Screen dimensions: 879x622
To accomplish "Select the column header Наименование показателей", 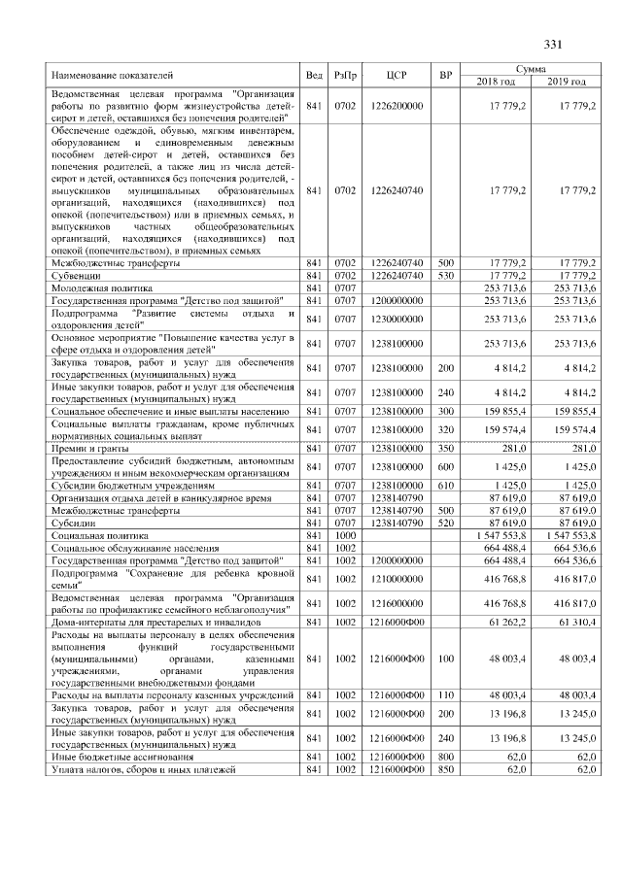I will click(x=112, y=75).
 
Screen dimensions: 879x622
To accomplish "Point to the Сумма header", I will click(x=532, y=69).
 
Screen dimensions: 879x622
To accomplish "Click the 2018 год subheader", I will click(x=498, y=81).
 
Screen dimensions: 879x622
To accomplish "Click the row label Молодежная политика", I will click(x=102, y=288).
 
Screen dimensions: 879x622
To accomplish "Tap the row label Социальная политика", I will click(x=99, y=535).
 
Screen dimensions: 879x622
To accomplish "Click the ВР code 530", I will click(x=446, y=276).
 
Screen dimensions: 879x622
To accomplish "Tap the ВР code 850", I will click(x=446, y=769).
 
